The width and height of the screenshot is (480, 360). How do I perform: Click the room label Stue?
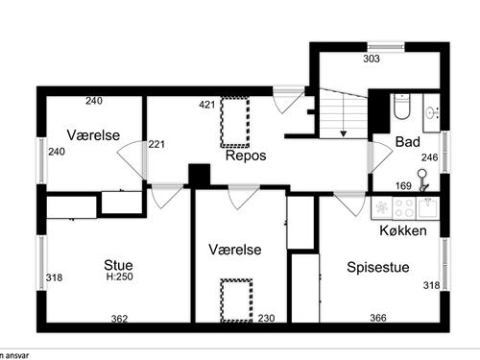pos(119,265)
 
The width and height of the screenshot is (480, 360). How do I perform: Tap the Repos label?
pos(246,155)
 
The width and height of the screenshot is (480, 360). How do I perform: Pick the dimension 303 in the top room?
pos(372,59)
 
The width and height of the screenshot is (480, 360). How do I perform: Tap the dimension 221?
pos(157,145)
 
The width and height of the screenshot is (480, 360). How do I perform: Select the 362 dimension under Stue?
pos(120,319)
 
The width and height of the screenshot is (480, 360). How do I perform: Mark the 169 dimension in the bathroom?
pos(405,186)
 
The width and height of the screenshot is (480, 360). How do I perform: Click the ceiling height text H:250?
pos(119,277)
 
